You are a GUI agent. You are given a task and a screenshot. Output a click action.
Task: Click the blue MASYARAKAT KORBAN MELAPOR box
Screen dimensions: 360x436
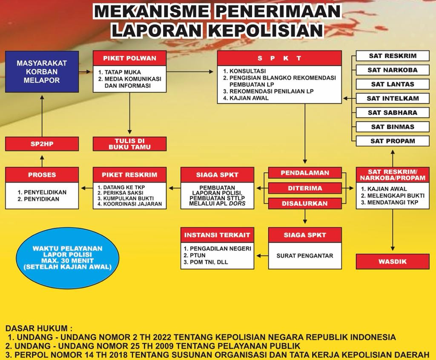(x=42, y=71)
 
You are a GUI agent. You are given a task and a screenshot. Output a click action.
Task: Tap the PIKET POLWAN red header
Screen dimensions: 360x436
(x=129, y=58)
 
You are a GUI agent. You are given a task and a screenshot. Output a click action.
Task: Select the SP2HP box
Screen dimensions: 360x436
(x=42, y=144)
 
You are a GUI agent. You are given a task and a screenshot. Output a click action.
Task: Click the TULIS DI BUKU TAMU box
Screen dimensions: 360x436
(x=129, y=144)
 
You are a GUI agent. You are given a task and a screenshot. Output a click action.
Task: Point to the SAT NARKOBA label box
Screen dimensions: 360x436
(x=392, y=70)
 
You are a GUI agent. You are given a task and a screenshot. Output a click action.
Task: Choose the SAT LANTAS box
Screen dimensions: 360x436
(x=392, y=84)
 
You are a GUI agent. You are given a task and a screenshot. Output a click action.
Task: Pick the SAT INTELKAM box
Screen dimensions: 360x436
(x=392, y=98)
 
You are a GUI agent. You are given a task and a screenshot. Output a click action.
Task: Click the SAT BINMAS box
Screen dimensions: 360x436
(x=392, y=126)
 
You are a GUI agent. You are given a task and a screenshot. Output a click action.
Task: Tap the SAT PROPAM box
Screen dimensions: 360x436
(x=392, y=141)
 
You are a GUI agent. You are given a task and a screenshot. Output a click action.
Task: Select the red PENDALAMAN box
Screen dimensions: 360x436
(x=305, y=173)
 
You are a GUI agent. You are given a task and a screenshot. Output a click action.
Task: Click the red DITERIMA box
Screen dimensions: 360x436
(x=305, y=188)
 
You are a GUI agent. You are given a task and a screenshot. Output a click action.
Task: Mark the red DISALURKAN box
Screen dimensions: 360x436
(x=305, y=203)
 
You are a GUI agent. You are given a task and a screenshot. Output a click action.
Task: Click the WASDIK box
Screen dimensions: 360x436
(x=392, y=262)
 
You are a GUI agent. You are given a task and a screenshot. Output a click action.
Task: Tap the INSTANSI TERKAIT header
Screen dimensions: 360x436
(x=217, y=235)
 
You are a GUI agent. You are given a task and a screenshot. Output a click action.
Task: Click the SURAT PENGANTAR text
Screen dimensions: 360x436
(x=305, y=256)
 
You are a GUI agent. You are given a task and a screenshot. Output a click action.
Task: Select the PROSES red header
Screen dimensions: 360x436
(x=42, y=174)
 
